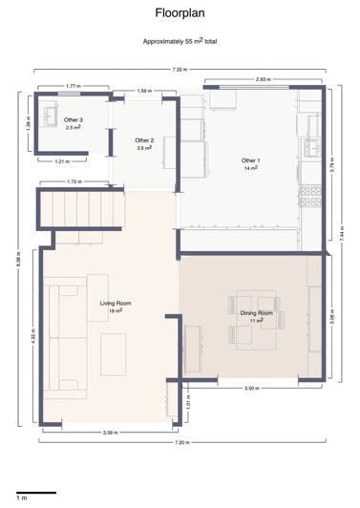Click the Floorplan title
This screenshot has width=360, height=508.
[180, 13]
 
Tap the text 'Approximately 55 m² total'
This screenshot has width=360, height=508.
[180, 42]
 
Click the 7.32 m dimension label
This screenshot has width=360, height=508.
[180, 70]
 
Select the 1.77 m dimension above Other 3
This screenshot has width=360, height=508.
[72, 86]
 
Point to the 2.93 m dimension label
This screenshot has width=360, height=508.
[262, 79]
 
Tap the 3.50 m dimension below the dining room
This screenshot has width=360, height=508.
[250, 389]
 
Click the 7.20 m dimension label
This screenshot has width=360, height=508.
[181, 443]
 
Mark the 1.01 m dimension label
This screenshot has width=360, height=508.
[188, 405]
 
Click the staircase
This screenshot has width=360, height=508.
[80, 205]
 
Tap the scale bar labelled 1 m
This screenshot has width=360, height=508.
[35, 493]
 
